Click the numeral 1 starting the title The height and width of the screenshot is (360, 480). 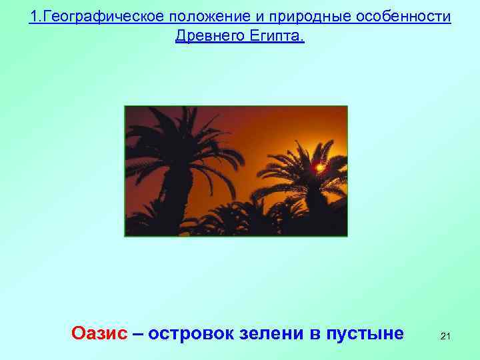(33, 16)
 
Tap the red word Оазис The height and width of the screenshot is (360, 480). (99, 333)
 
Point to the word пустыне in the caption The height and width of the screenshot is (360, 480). (365, 333)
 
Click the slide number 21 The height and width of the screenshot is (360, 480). (445, 337)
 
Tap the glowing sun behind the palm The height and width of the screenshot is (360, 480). (320, 168)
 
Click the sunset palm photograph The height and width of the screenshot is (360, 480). (236, 171)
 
